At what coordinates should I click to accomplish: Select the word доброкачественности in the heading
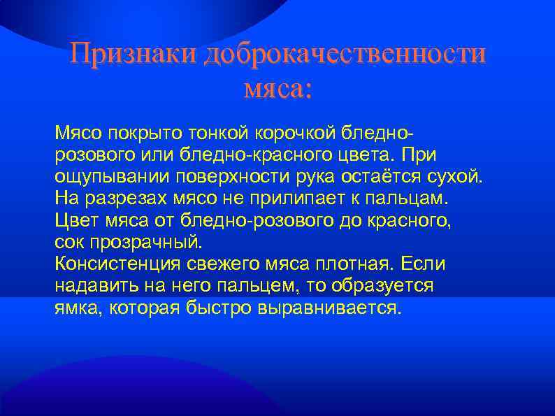(x=343, y=55)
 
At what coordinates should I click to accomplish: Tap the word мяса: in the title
(x=277, y=89)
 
